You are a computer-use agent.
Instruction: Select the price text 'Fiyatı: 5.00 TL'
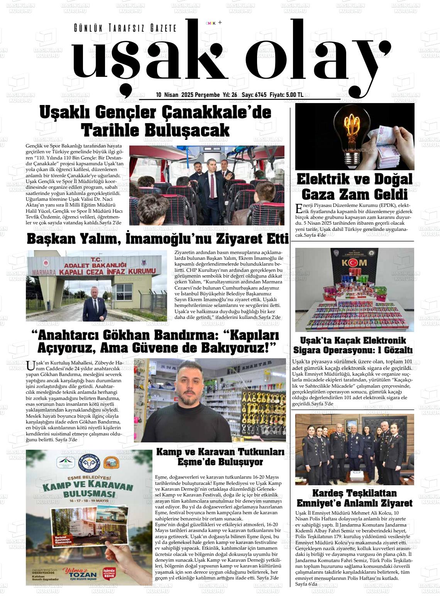pos(286,95)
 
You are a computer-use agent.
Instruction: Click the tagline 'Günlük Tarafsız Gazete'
pos(125,28)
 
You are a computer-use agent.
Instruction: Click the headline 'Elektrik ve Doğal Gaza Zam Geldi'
pos(354,186)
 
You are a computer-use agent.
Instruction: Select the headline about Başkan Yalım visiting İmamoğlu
pos(157,239)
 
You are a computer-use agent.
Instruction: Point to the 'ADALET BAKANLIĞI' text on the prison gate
pos(96,265)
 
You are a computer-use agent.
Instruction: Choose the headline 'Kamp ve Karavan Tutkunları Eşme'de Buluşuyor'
pos(220,457)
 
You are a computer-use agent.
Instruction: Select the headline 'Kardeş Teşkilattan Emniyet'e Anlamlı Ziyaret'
pos(354,498)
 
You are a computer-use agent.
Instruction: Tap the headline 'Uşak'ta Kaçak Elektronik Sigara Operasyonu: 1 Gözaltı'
pos(353,345)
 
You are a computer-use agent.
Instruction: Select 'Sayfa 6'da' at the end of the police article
pos(306,584)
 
